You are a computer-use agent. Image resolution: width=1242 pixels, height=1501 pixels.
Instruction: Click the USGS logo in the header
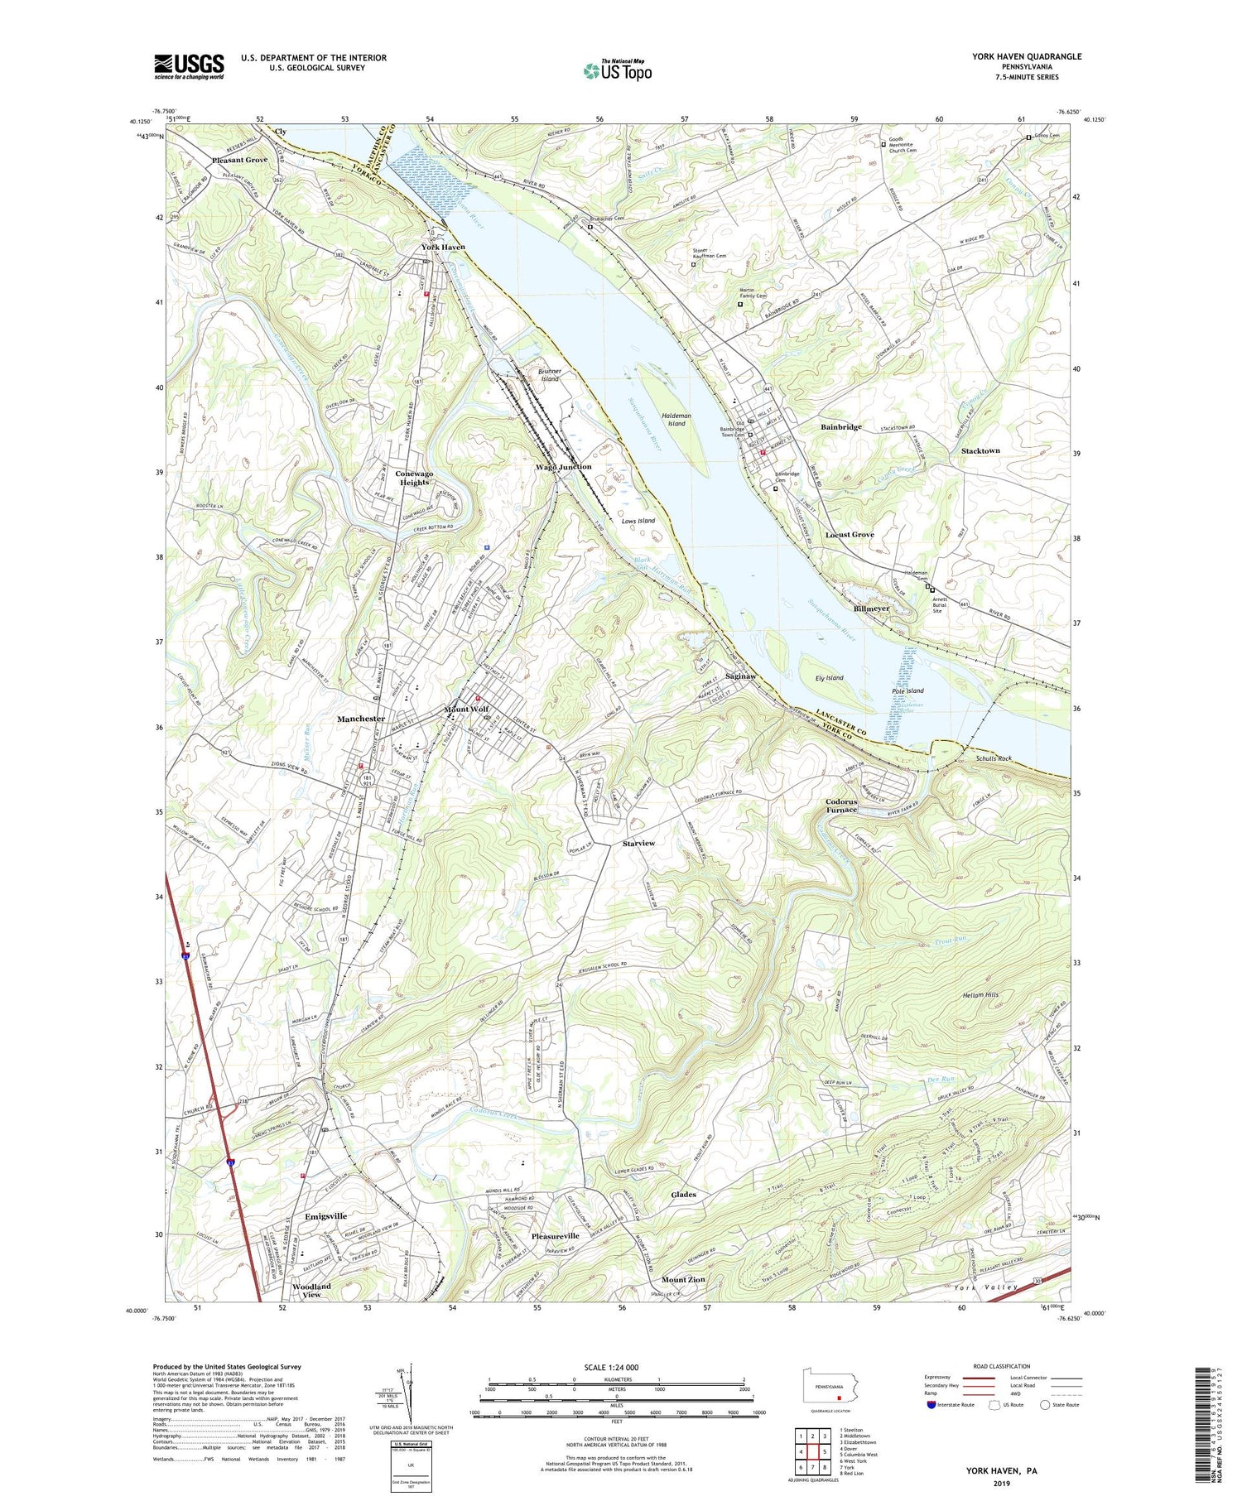189,66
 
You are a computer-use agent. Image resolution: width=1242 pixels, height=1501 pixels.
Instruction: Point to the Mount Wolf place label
467,710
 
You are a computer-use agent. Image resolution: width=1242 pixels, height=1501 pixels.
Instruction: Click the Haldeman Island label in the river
676,419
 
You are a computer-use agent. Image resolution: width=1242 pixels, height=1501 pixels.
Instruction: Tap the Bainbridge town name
840,427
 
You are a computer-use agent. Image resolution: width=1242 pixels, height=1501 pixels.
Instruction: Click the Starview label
638,843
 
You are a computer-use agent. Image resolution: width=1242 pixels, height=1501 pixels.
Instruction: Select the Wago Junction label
563,467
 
